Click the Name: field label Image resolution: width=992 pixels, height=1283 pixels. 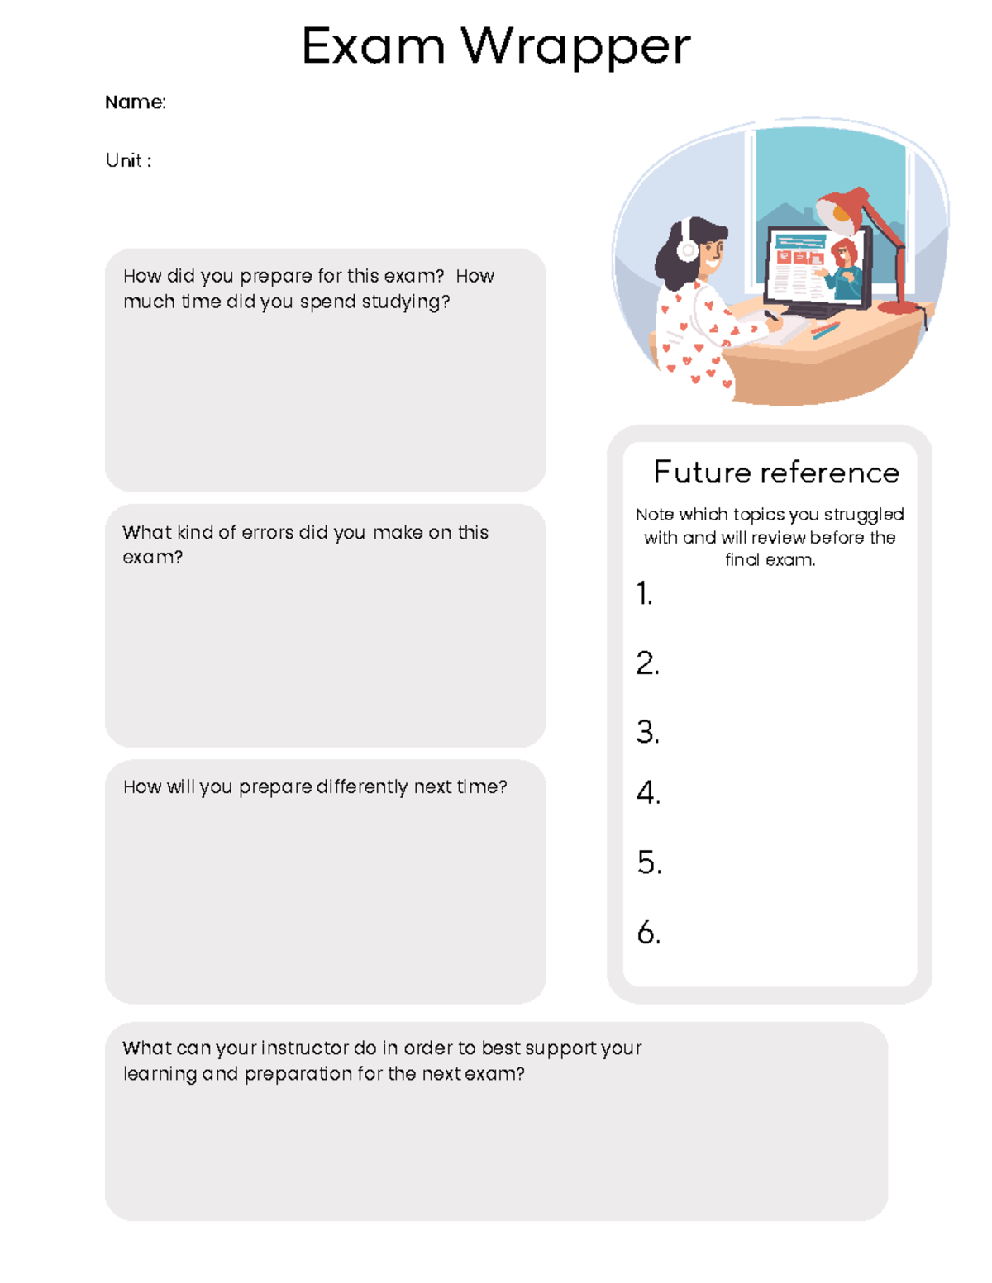(135, 102)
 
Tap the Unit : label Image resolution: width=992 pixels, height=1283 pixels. (128, 160)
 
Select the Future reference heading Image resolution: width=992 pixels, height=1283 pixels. (775, 473)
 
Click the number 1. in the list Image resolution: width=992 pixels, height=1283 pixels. (644, 593)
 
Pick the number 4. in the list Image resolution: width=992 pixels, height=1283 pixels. (647, 792)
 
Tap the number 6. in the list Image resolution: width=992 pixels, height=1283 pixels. (648, 933)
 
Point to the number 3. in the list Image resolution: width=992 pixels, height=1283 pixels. (647, 732)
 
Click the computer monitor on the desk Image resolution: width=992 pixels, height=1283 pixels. (814, 268)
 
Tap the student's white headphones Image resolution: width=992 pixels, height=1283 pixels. (687, 247)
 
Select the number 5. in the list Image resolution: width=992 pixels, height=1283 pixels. (649, 862)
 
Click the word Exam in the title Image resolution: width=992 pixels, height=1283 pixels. (373, 47)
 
